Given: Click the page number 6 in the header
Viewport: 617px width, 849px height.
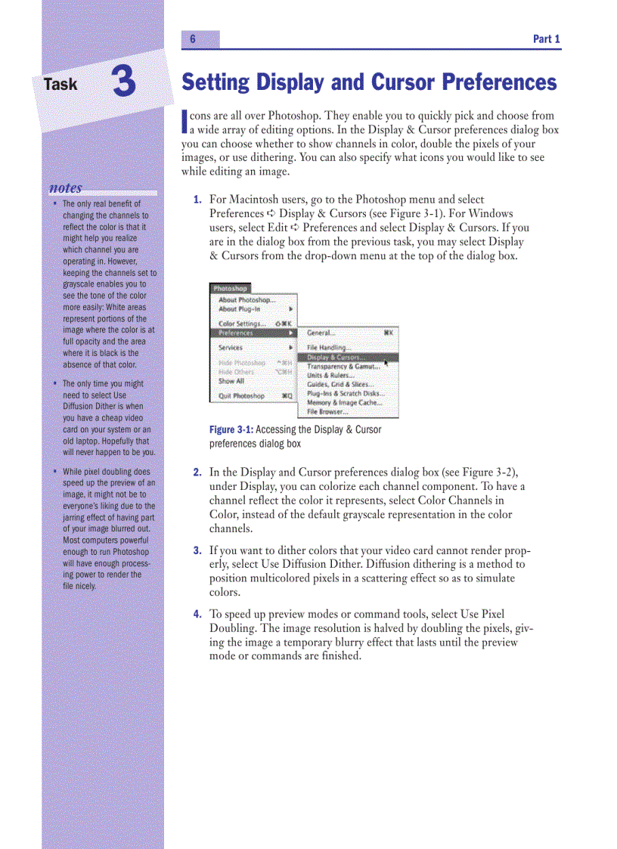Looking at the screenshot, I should click(193, 39).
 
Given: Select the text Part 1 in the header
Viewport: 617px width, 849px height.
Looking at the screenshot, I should click(546, 39).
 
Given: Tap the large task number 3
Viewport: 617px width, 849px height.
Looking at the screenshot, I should click(125, 82).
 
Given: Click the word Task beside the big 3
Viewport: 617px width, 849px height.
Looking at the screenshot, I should click(60, 84).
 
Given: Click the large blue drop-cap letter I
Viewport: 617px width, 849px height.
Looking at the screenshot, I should click(184, 122).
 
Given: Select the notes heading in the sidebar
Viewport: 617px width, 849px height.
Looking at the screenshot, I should click(66, 188).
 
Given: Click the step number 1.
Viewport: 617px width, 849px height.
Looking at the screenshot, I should click(197, 200).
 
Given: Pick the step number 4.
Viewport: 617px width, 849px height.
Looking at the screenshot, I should click(197, 614).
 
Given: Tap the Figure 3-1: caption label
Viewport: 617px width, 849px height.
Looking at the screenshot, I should click(231, 430).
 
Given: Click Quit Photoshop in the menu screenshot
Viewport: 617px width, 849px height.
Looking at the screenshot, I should click(241, 395).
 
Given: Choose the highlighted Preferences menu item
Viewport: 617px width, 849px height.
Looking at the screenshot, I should click(236, 333).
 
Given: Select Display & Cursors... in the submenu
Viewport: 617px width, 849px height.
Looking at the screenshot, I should click(334, 358).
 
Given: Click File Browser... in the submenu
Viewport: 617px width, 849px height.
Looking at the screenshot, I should click(327, 412).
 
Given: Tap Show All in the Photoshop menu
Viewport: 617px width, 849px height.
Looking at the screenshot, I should click(231, 381).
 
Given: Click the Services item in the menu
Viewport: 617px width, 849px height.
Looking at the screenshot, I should click(230, 348).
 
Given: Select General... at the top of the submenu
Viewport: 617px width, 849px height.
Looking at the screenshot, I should click(321, 333).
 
